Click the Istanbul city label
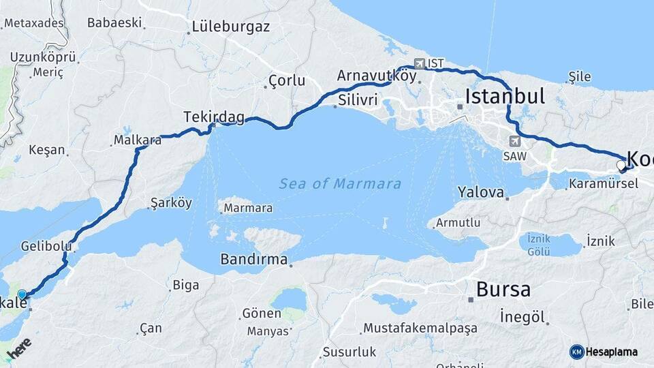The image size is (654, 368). [x=505, y=96]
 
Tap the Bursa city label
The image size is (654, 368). [x=503, y=290]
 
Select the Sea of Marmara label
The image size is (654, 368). [x=340, y=184]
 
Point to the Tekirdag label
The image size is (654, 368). [x=214, y=117]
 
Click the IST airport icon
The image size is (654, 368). [x=418, y=63]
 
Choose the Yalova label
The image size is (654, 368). [x=480, y=191]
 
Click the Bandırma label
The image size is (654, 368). [x=253, y=260]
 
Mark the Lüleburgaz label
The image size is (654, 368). [x=231, y=28]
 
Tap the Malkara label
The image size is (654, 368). [x=138, y=140]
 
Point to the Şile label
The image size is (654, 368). [x=580, y=76]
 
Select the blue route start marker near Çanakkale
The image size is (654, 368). [x=22, y=294]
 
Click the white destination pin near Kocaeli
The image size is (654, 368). [x=621, y=165]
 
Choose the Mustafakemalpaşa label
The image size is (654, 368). [x=420, y=328]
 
